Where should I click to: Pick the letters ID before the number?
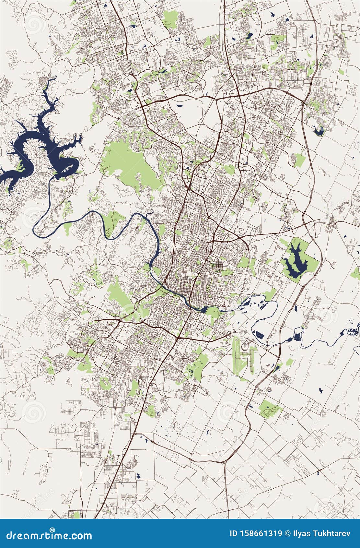tap(233, 534)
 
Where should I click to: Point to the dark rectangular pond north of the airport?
tap(259, 334)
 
